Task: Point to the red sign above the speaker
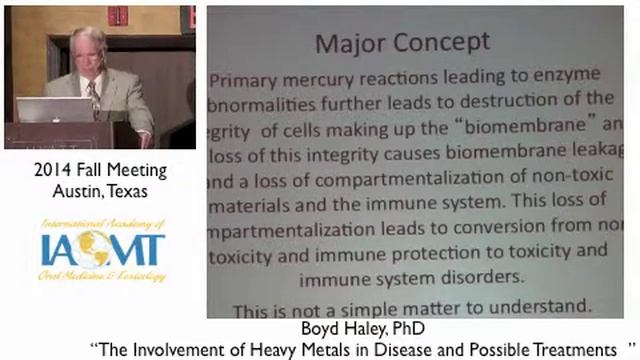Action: pos(117,15)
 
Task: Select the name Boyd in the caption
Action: pos(318,327)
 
